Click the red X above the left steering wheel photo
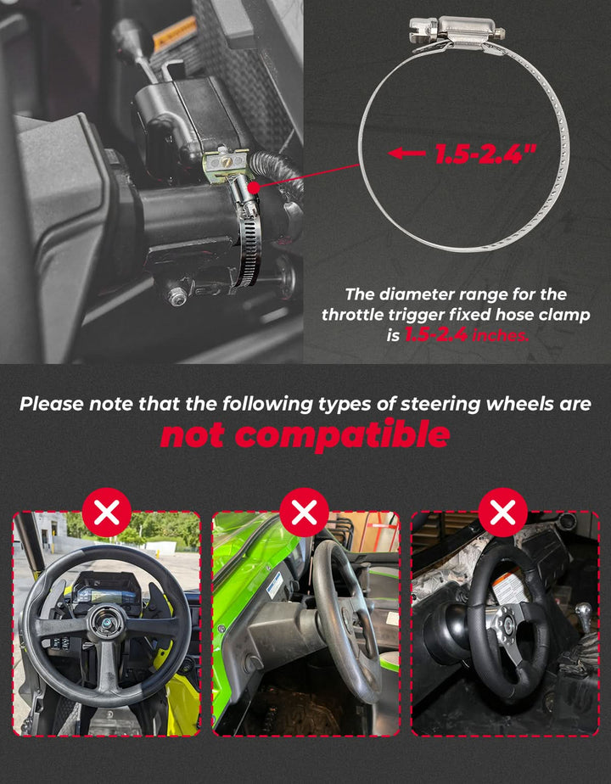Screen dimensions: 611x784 106,512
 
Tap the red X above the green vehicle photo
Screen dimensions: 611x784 304,512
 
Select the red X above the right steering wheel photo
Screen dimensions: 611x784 502,512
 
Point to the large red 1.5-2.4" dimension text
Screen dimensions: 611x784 485,154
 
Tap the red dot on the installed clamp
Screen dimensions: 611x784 254,188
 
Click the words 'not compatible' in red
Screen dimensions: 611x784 305,434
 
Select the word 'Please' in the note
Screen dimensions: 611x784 51,404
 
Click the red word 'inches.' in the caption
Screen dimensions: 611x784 500,335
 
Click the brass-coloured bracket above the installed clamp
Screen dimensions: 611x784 224,163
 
